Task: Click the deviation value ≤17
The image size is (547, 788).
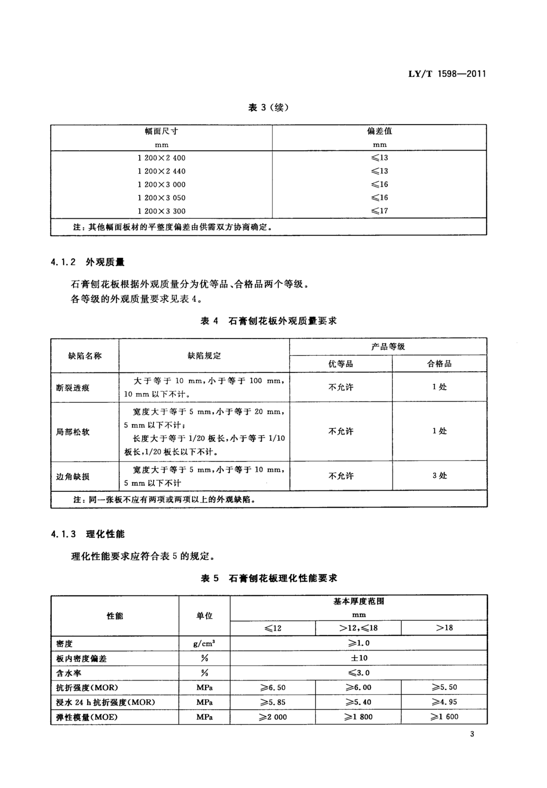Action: click(x=379, y=211)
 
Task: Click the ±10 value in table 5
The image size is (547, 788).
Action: click(x=359, y=658)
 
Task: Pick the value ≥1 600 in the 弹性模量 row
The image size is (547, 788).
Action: click(x=444, y=717)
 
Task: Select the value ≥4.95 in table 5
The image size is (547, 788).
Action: click(x=444, y=702)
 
